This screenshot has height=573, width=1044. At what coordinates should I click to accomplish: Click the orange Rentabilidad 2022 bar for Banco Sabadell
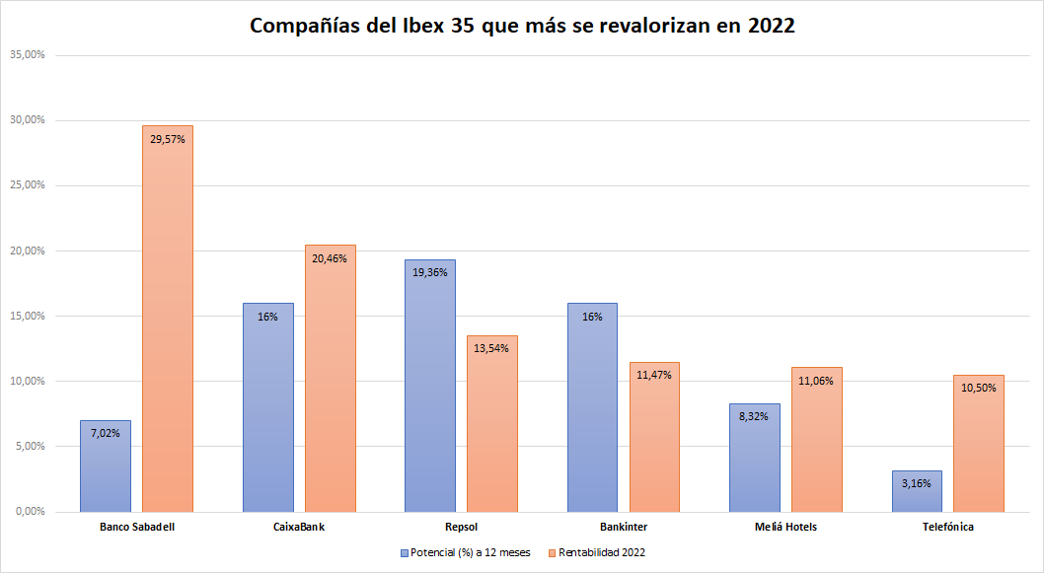[x=168, y=325]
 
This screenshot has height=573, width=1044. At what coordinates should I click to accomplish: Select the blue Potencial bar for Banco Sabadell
[x=106, y=468]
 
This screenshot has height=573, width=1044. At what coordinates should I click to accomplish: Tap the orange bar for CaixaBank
[x=330, y=385]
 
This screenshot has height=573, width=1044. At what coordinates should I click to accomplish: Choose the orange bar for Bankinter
[x=654, y=444]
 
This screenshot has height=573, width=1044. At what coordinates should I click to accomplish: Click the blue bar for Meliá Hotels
[x=755, y=459]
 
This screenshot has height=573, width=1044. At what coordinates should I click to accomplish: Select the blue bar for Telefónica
[x=917, y=493]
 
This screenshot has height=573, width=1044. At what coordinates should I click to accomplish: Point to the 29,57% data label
[x=168, y=139]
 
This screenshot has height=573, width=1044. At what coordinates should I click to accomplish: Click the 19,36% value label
[x=430, y=272]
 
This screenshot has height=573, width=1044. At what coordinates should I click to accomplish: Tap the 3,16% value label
[x=917, y=483]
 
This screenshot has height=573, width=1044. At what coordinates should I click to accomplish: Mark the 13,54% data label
[x=492, y=348]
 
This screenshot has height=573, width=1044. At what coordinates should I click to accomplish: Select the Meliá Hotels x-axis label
[x=785, y=527]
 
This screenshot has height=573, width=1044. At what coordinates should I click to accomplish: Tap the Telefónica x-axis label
[x=947, y=527]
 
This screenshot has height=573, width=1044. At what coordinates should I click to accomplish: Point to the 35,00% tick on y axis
[x=27, y=55]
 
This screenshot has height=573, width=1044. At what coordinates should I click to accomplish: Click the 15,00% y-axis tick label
[x=27, y=316]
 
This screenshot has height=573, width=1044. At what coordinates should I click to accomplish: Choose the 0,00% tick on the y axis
[x=30, y=511]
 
